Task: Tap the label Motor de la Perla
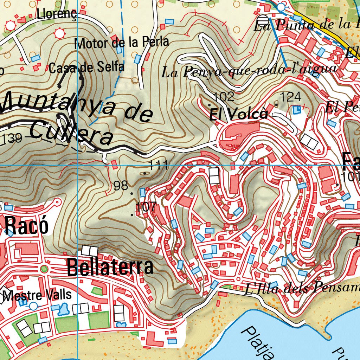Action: tap(122, 43)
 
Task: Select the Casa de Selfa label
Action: tap(86, 67)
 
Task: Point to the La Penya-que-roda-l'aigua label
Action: tap(249, 71)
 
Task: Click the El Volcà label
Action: tap(239, 114)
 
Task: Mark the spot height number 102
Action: tap(224, 96)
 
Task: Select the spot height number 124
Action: tap(290, 96)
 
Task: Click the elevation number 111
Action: tap(159, 165)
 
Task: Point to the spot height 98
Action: tap(121, 186)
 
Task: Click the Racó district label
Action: tap(27, 226)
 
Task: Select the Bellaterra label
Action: tap(110, 267)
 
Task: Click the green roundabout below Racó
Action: tap(44, 269)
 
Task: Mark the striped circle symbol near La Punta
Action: tap(263, 18)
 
